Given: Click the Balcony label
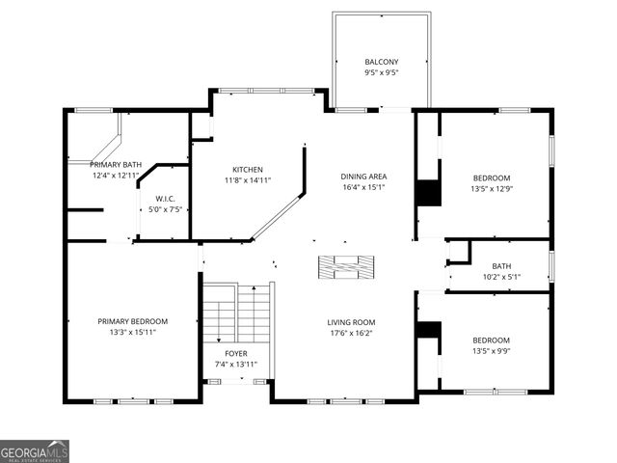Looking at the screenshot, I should [380, 61].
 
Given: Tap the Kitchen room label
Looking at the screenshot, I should [248, 169].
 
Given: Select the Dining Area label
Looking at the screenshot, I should [363, 177].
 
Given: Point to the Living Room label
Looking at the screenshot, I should [351, 322].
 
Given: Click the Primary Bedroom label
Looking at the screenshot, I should [132, 321].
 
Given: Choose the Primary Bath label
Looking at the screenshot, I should [116, 165].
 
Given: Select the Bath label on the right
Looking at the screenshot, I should [501, 266].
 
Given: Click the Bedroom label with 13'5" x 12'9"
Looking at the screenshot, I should [491, 177].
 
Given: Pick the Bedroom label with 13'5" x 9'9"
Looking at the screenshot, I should [491, 340].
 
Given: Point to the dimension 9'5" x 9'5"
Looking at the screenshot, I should [380, 72].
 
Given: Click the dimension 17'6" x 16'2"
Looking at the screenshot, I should [351, 334].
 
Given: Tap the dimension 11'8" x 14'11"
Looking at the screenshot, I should [248, 180].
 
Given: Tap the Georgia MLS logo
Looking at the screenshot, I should [35, 450].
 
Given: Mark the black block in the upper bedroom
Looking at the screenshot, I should [428, 192].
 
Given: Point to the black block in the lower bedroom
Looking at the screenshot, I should [428, 329].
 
